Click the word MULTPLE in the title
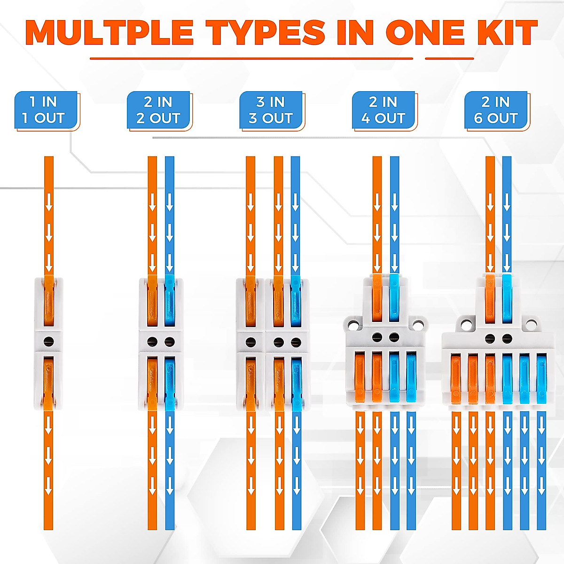tap(110, 33)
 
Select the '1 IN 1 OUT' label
tap(46, 110)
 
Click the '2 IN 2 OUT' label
tap(158, 110)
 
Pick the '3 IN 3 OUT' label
tap(271, 110)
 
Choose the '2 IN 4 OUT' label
tap(384, 110)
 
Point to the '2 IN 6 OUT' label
tap(496, 110)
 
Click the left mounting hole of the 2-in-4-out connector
tap(354, 325)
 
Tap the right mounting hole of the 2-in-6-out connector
tap(532, 325)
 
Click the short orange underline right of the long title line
tap(449, 59)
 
